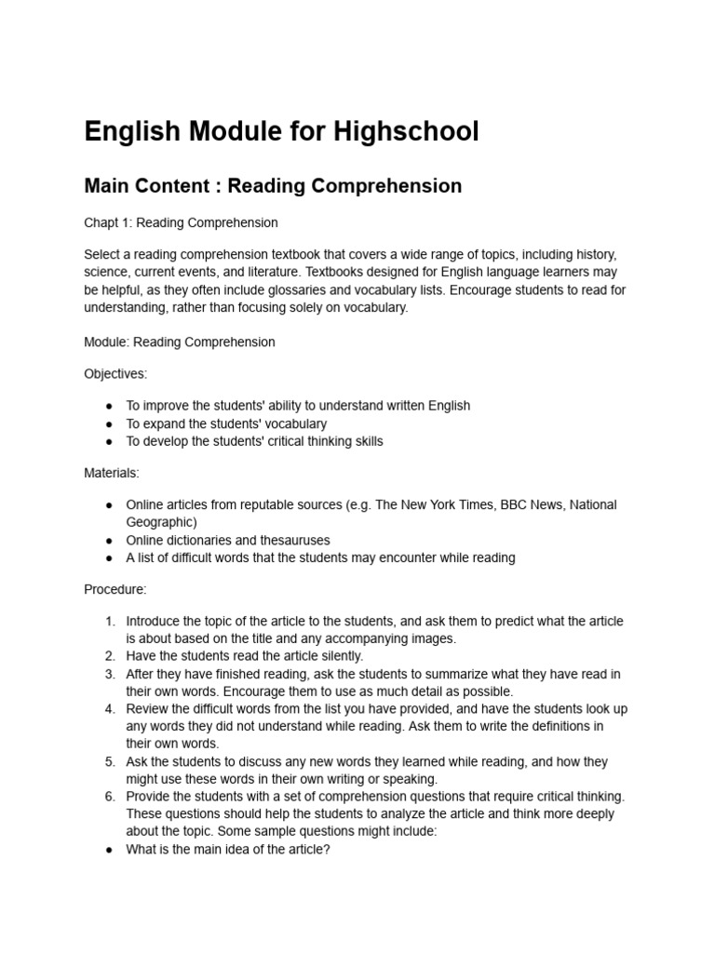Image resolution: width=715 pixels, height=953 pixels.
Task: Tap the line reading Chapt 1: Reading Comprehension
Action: point(181,222)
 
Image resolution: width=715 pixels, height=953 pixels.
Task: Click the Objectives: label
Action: point(115,373)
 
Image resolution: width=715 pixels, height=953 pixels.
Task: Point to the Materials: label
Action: point(112,473)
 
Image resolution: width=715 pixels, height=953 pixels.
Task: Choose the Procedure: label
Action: point(115,589)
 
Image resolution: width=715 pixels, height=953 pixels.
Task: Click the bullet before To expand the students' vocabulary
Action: point(110,423)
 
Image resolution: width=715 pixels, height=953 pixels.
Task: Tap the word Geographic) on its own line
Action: point(161,522)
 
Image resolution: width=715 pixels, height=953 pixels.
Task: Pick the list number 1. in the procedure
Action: point(110,621)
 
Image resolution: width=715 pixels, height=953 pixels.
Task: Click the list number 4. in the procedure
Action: point(110,708)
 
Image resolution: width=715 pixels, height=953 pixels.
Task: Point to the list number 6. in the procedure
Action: point(110,796)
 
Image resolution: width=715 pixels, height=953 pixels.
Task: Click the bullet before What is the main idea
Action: point(110,849)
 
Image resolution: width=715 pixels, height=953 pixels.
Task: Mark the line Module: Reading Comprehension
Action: point(180,342)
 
